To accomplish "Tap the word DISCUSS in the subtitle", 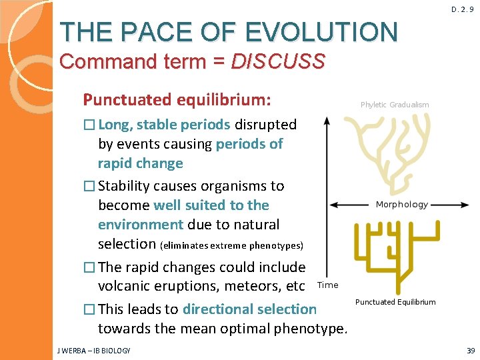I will [x=278, y=62].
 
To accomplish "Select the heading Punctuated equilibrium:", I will [x=177, y=100].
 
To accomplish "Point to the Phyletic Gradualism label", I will [x=395, y=105].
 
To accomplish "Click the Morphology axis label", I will [x=401, y=205].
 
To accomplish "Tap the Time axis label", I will [x=327, y=285].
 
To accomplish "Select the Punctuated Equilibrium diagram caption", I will [x=395, y=302].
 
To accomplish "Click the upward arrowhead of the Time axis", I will [x=326, y=121].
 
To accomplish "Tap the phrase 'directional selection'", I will [x=249, y=309].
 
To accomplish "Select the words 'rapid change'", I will [x=140, y=163].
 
